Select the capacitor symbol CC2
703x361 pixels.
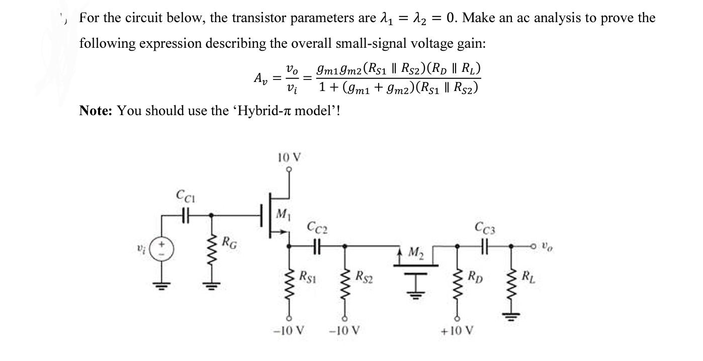pos(317,246)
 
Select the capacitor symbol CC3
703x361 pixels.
pos(484,246)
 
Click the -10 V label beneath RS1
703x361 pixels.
pos(289,332)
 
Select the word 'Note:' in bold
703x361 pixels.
pos(96,111)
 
